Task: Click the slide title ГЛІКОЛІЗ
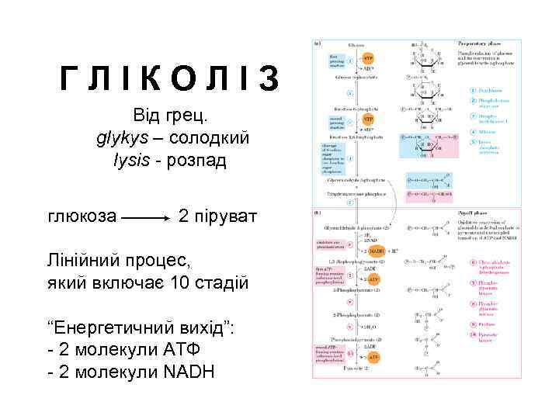pos(170,78)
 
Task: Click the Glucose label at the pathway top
pos(356,44)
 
